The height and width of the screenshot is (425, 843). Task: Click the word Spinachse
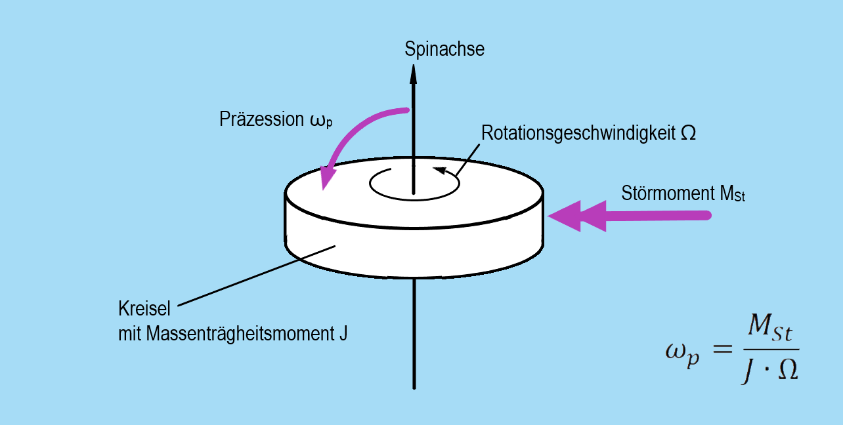point(444,49)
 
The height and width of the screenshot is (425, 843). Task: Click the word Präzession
point(257,120)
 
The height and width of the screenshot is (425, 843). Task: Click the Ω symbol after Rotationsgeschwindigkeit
point(688,133)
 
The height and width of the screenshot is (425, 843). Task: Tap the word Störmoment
point(664,193)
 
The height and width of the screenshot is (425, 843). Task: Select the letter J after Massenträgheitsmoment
point(343,334)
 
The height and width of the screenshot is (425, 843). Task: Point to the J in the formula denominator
point(748,372)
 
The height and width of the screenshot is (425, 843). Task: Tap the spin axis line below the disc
point(414,334)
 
